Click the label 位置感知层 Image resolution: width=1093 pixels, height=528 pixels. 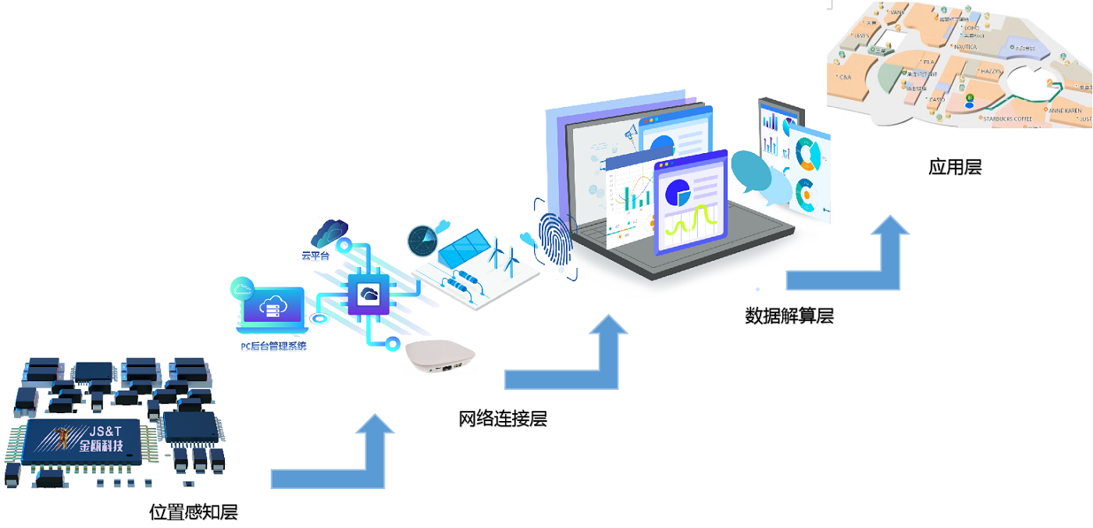pos(194,512)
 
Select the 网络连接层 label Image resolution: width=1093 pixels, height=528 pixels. pos(503,419)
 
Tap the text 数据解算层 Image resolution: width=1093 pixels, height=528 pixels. pos(789,316)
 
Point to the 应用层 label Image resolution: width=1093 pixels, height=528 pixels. pos(955,166)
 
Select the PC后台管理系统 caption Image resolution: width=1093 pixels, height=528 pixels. pos(273,345)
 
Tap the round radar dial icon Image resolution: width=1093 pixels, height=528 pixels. pos(422,241)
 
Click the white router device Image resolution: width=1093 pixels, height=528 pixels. pos(440,358)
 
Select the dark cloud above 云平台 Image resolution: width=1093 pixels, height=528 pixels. pos(329,233)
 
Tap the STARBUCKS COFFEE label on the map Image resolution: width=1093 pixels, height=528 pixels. pos(1007,120)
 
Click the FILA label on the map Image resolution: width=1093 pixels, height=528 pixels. pos(928,62)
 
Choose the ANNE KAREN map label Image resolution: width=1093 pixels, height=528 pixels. pos(1065,111)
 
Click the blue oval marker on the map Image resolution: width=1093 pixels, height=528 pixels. pos(969,104)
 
